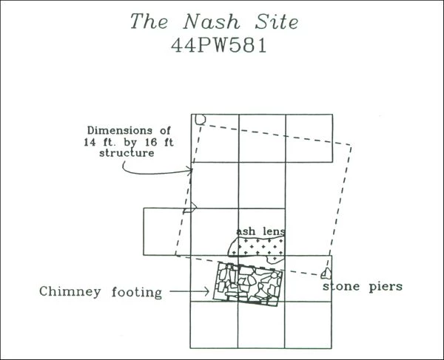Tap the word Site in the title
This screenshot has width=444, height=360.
click(274, 21)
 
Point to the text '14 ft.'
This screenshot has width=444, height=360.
click(101, 143)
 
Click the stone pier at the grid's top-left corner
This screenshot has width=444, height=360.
click(198, 119)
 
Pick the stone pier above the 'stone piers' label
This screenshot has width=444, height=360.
click(325, 274)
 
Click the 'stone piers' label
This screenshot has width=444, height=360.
click(363, 286)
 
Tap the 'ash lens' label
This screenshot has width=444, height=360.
click(260, 231)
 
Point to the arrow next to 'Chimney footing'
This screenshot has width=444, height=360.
click(189, 292)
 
